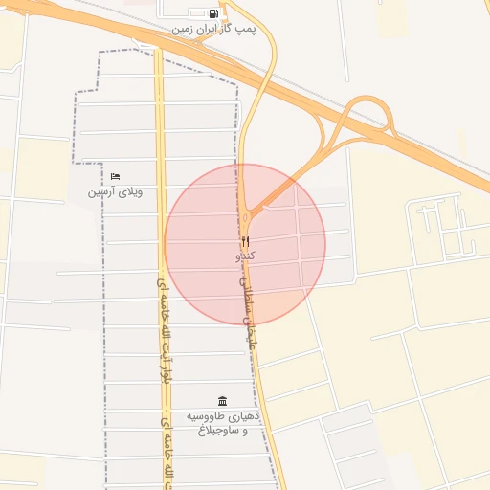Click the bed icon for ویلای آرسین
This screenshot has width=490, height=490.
click(115, 176)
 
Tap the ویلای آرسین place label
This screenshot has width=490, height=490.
click(115, 191)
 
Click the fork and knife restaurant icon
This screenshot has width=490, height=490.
click(245, 241)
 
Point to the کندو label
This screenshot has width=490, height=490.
click(245, 256)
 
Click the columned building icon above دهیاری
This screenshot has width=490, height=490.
click(222, 400)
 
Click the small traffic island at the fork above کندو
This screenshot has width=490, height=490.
click(251, 210)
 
